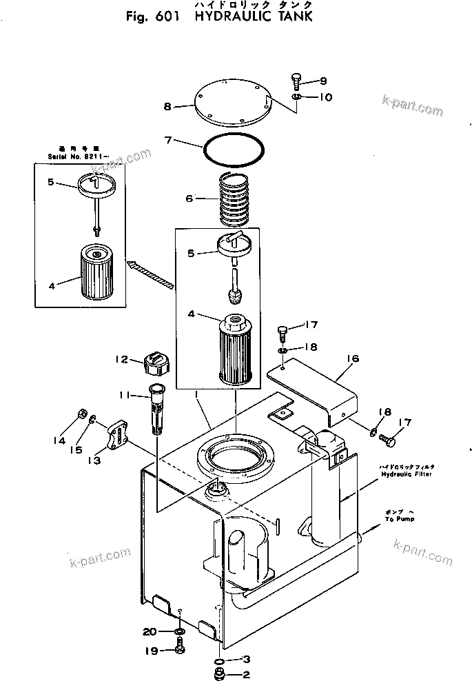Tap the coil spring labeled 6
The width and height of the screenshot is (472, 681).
click(236, 199)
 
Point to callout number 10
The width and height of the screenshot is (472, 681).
click(325, 97)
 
